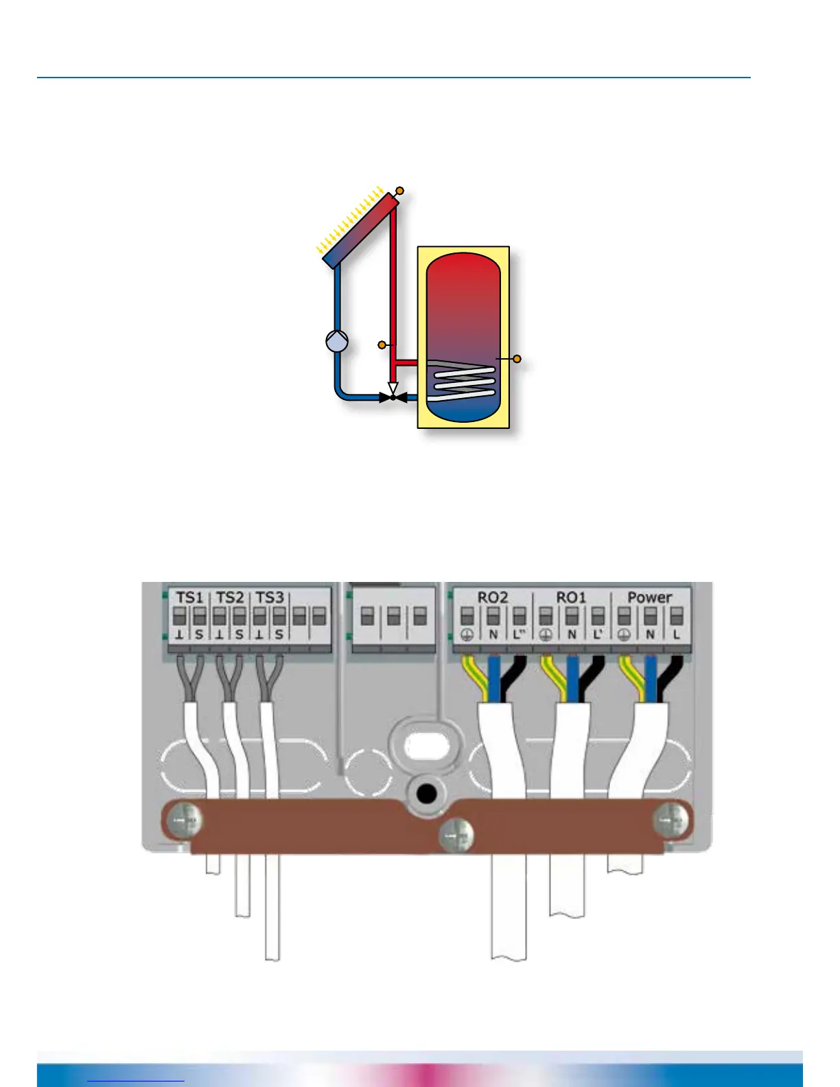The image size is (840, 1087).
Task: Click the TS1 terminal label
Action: [x=189, y=597]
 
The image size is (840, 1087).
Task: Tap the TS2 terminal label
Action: [x=229, y=597]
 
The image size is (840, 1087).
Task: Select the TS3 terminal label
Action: [x=270, y=597]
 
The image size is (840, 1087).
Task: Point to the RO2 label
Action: [x=492, y=597]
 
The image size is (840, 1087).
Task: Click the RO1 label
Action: [x=571, y=597]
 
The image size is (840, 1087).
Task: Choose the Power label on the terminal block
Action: [x=649, y=597]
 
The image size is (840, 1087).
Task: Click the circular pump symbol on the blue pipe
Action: [x=337, y=341]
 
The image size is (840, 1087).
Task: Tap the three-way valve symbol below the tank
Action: [x=393, y=396]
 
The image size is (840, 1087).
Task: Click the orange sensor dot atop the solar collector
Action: [x=400, y=191]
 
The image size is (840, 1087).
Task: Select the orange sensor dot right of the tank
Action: [x=517, y=359]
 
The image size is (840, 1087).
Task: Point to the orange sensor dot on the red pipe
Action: [x=382, y=344]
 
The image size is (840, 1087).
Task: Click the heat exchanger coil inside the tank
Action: [x=464, y=381]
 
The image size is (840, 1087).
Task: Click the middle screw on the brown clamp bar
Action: [x=456, y=837]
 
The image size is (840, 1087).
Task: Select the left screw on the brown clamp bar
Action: [x=186, y=820]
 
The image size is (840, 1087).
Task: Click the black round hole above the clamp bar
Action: [x=426, y=795]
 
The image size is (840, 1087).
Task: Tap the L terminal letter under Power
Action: [x=676, y=635]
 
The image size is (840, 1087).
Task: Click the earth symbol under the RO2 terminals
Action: [x=467, y=635]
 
